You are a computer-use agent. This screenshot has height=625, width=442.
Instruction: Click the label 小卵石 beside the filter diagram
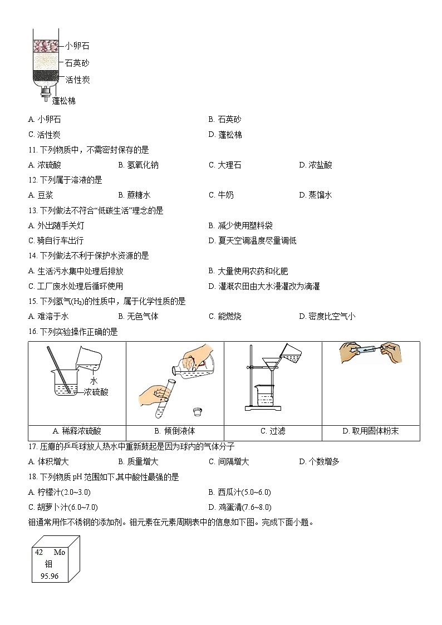point(77,46)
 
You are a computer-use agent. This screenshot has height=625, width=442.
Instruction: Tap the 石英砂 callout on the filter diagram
point(77,63)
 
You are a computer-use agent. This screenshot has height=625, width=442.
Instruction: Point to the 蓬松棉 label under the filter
point(64,101)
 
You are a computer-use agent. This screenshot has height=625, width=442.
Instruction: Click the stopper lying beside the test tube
point(196,412)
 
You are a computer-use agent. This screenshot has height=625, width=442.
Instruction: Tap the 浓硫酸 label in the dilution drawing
point(96,392)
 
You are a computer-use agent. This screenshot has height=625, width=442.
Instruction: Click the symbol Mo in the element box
point(59,553)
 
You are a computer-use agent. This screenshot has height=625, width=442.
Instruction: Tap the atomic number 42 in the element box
point(39,553)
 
